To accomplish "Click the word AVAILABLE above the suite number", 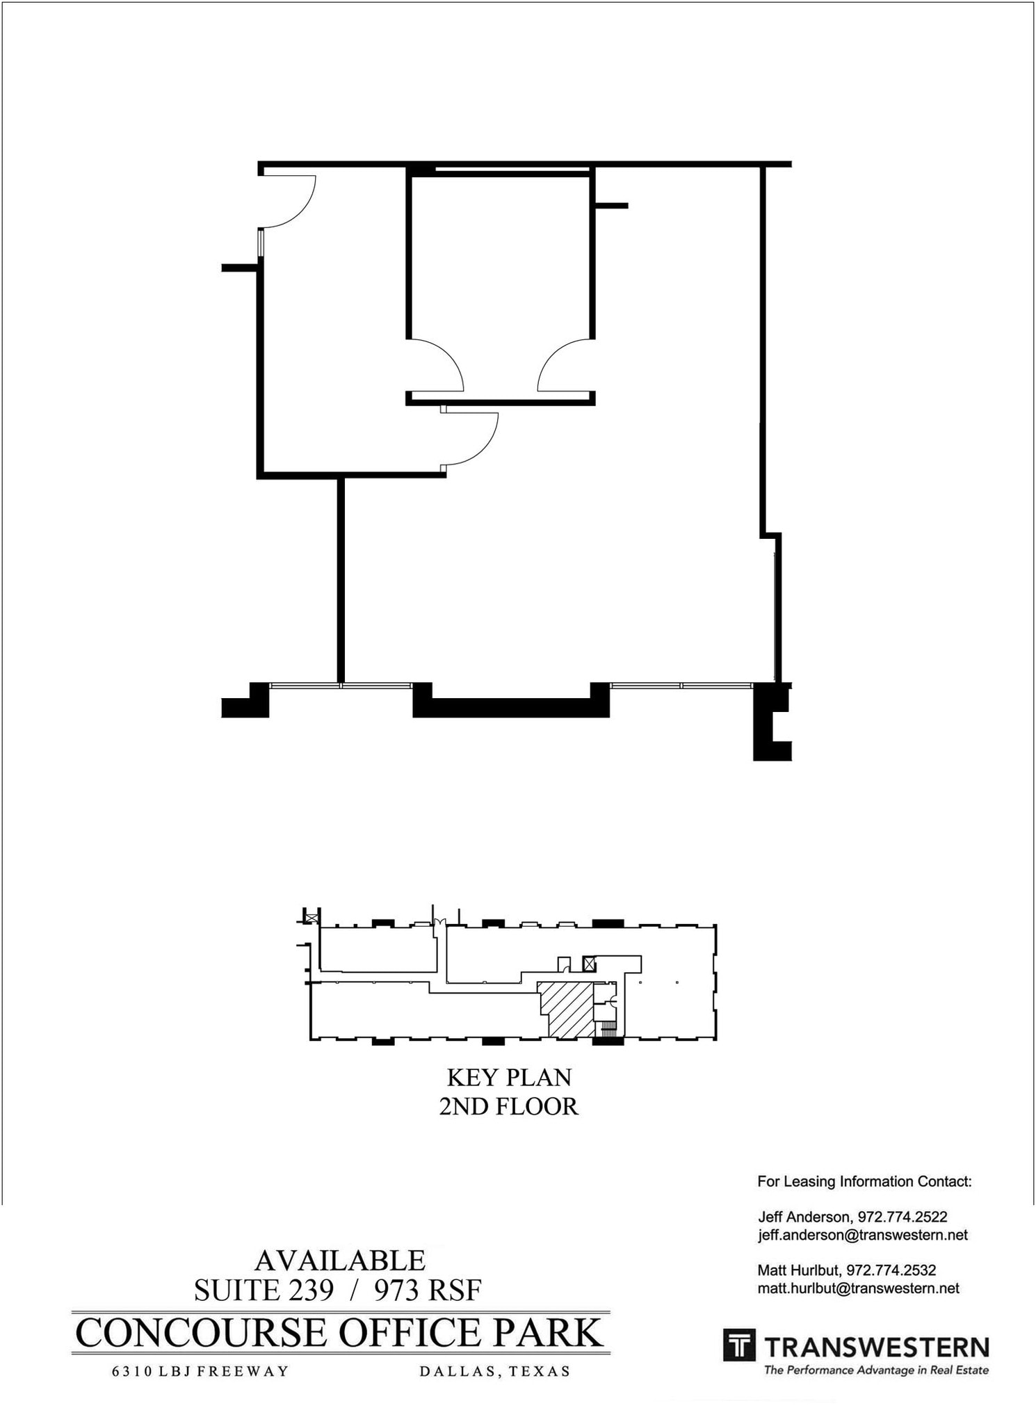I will click(340, 1261).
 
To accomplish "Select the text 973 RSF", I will click(428, 1290).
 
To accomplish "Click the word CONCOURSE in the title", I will click(200, 1333).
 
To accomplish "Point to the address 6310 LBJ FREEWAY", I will click(200, 1372).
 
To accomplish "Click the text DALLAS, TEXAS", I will click(494, 1372).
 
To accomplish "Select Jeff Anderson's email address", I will click(862, 1235).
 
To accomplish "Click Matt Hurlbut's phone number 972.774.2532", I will click(891, 1270).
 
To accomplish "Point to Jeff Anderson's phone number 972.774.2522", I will click(902, 1217).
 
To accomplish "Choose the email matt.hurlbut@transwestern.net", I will click(858, 1288).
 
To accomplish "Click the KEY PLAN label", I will click(509, 1077).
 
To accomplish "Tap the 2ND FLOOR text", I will click(509, 1106).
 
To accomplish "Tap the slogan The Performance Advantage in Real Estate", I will click(876, 1370).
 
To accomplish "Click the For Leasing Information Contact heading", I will click(864, 1181).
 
